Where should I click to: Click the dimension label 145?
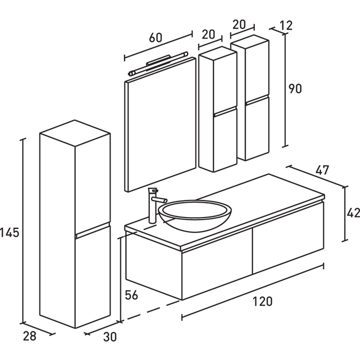point(10,232)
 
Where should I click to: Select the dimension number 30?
point(109,337)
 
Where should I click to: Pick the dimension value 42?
point(353,212)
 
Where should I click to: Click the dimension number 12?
point(287,25)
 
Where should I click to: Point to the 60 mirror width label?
point(155,38)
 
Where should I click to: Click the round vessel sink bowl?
point(195,215)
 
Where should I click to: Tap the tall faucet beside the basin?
point(153,206)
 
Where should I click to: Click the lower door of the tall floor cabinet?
point(93,278)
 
